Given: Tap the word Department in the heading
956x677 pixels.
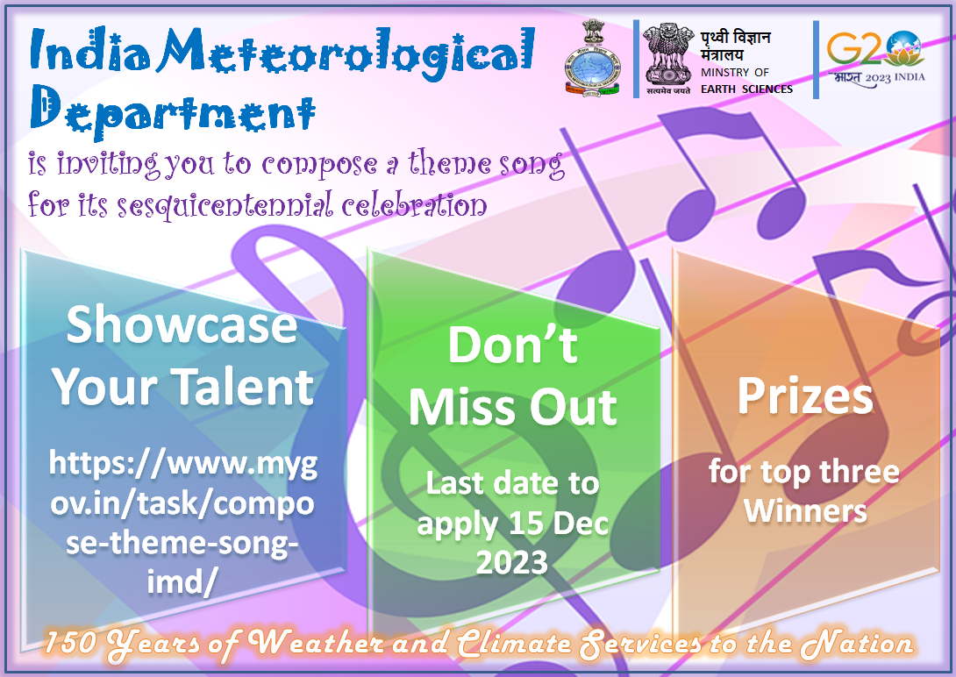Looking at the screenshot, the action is [x=173, y=109].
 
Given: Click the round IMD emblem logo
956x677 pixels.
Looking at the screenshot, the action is [x=591, y=60].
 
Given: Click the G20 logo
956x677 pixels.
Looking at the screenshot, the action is [x=875, y=59].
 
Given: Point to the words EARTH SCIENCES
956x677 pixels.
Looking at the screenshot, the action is [x=746, y=89].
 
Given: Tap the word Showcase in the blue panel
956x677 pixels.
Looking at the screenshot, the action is [x=182, y=324].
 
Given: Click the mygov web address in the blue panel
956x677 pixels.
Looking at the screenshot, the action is [x=182, y=523].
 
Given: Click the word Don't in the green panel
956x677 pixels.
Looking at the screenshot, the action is [x=513, y=345].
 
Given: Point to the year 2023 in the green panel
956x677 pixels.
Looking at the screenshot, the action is [x=512, y=562].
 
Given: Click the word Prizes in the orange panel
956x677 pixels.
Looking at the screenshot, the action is [x=805, y=396].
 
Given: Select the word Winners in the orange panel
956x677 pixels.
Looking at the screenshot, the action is [x=805, y=510].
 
